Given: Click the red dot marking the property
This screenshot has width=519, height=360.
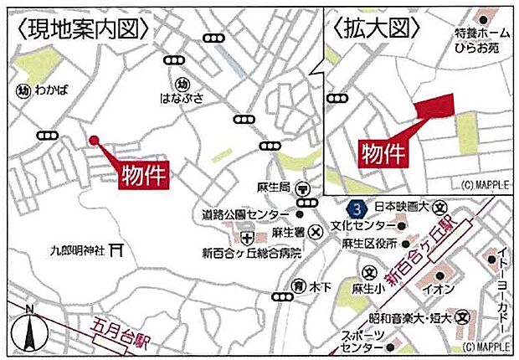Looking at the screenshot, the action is tap(94, 141).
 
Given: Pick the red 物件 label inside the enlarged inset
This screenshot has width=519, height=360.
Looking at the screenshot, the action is tap(384, 153).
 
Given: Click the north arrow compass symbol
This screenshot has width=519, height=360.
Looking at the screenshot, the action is tap(31, 328).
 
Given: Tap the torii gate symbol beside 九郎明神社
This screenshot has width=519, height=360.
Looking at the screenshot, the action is tap(117, 248).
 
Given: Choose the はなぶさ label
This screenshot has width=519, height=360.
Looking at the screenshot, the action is tap(182, 97).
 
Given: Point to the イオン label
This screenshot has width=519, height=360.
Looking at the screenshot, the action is tap(433, 289).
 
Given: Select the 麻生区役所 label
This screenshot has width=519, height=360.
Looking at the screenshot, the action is tap(369, 244).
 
